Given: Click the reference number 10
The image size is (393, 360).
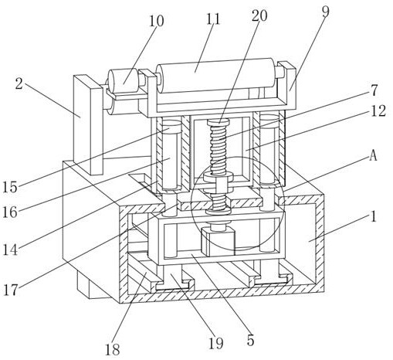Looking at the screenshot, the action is click(x=157, y=21).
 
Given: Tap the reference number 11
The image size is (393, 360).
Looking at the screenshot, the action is click(x=213, y=19).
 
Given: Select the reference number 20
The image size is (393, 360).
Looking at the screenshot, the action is click(x=259, y=15).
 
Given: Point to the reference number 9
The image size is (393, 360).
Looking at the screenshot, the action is click(x=326, y=12).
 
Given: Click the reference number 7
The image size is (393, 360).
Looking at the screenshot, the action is click(x=374, y=90).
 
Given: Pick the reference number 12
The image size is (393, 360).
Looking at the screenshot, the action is click(x=378, y=111).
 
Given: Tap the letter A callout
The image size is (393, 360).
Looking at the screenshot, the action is click(x=373, y=155).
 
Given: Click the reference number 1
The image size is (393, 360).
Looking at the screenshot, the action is click(x=374, y=216).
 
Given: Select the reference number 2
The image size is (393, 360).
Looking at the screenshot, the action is click(x=19, y=83).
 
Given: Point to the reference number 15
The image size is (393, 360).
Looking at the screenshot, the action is click(x=10, y=187).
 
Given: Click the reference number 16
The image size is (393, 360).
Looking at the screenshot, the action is click(x=10, y=212).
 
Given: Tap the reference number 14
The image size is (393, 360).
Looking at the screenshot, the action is click(x=10, y=250).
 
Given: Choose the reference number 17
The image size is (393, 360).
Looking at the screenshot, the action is click(x=11, y=290).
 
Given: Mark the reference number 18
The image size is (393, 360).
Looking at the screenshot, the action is click(x=113, y=349).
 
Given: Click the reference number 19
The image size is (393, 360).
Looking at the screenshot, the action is click(x=215, y=343).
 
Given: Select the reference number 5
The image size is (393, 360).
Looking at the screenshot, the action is click(x=250, y=341).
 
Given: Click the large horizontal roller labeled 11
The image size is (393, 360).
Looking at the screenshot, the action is click(x=216, y=75).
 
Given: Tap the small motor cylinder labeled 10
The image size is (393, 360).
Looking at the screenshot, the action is click(x=124, y=80).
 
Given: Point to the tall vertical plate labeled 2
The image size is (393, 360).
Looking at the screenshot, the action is click(x=88, y=124).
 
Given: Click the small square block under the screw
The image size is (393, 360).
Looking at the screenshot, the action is click(x=219, y=243).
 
